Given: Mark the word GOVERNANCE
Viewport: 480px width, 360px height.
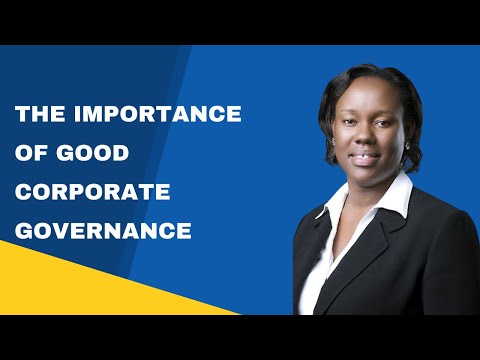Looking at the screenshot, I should click(x=104, y=231).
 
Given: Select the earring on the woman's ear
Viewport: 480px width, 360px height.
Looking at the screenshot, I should click(x=408, y=147).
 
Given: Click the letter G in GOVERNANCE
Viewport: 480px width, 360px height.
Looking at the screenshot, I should click(x=24, y=231).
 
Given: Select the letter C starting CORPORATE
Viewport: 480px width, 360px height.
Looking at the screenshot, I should click(x=24, y=192).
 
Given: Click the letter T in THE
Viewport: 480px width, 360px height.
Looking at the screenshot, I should click(x=23, y=114).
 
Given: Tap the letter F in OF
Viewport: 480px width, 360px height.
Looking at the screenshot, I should click(x=43, y=153).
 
